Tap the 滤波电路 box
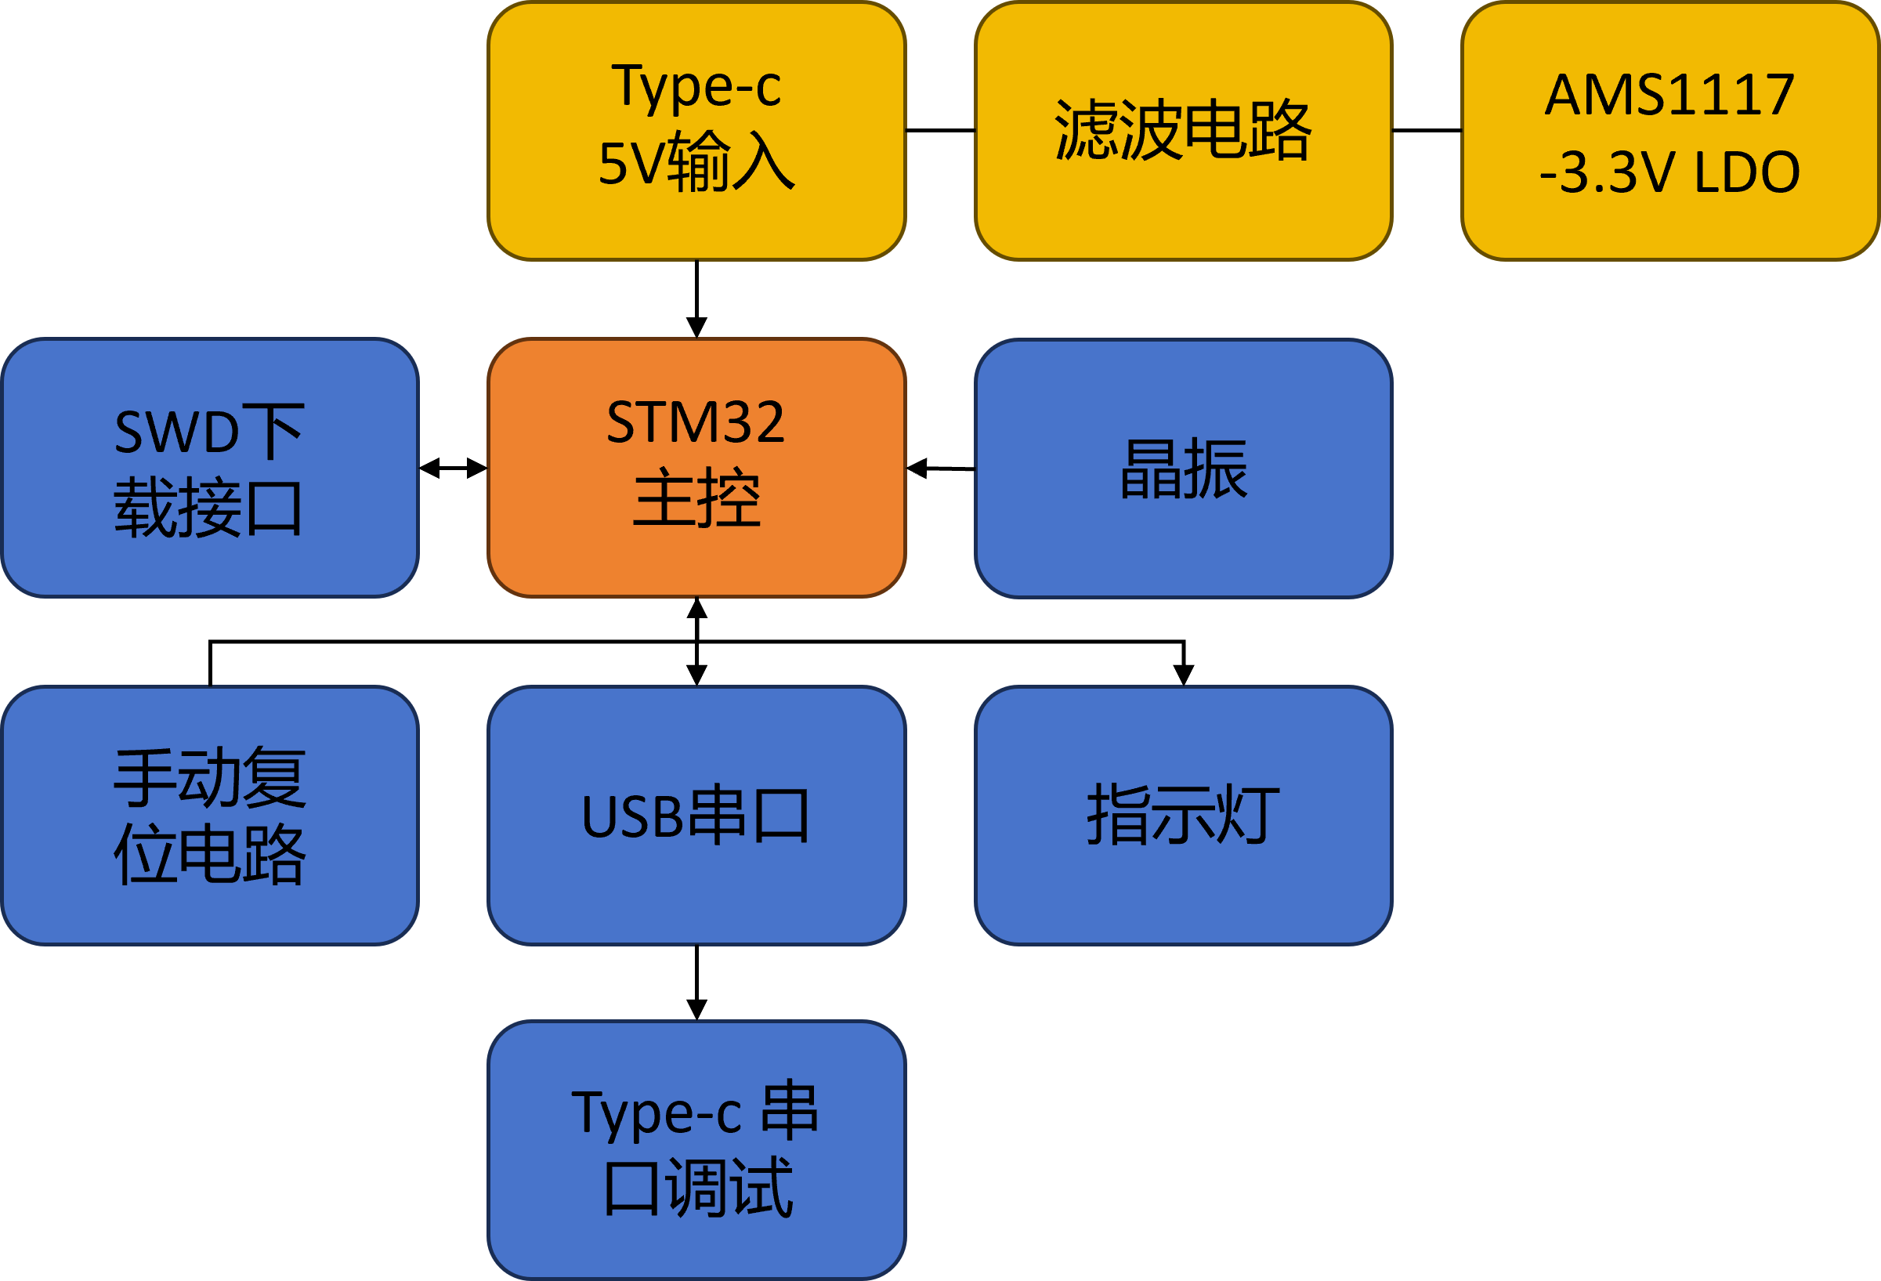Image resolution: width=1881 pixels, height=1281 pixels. pyautogui.click(x=1183, y=131)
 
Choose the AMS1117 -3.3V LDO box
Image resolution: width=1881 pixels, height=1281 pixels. pyautogui.click(x=1670, y=131)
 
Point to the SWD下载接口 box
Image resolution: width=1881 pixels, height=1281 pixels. pyautogui.click(x=210, y=468)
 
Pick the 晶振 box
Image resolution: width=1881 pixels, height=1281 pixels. pyautogui.click(x=1183, y=469)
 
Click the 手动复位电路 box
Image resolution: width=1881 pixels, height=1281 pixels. pyautogui.click(x=210, y=816)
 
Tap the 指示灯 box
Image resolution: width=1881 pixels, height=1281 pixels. pyautogui.click(x=1183, y=816)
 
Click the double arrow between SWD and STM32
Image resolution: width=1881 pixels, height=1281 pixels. pyautogui.click(x=454, y=468)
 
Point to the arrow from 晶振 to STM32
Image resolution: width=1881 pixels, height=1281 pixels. pyautogui.click(x=940, y=469)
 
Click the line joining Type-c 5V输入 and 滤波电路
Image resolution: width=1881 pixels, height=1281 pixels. pyautogui.click(x=940, y=130)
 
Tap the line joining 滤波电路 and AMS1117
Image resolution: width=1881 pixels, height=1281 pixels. pyautogui.click(x=1427, y=130)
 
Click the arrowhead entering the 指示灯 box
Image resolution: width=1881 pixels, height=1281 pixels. pyautogui.click(x=1183, y=675)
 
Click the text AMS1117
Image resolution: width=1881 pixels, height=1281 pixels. pyautogui.click(x=1670, y=95)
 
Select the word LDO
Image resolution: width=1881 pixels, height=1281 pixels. pyautogui.click(x=1747, y=172)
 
